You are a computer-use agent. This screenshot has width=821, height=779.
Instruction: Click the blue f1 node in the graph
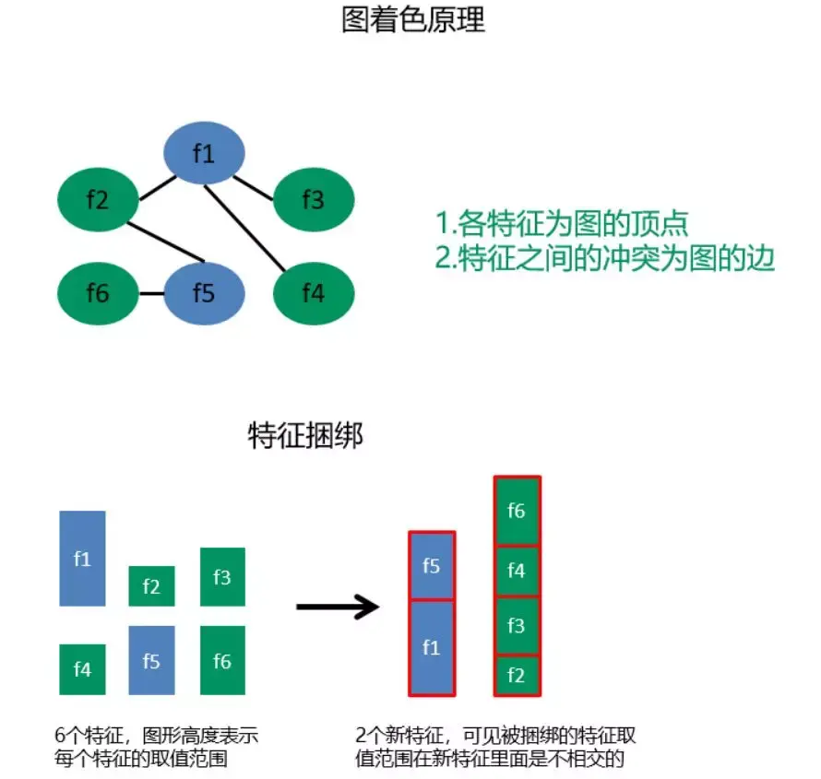click(204, 154)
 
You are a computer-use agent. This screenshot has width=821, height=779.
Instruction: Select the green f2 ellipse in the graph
click(98, 198)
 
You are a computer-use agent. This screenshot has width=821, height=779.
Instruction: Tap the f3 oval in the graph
click(314, 198)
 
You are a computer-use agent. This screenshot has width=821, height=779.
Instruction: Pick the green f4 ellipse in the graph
click(314, 293)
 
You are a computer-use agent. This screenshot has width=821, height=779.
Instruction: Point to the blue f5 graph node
click(204, 293)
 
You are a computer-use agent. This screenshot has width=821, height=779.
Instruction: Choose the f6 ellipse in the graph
click(98, 293)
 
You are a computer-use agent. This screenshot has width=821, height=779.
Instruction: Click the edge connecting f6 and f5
click(151, 294)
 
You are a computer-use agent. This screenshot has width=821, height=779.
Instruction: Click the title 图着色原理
click(412, 21)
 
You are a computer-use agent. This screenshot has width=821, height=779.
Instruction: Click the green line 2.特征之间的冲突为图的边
click(605, 258)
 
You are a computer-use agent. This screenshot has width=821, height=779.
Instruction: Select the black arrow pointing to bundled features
click(338, 607)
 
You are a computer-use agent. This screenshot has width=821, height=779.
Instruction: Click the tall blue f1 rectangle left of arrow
click(82, 558)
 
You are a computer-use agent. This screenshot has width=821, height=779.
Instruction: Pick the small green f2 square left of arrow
click(151, 586)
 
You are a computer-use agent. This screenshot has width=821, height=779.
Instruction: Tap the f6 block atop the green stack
click(517, 511)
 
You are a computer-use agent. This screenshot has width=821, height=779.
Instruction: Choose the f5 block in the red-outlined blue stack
click(431, 566)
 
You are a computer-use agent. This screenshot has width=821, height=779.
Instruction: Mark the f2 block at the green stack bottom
click(517, 675)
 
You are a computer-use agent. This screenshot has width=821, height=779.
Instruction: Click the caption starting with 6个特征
click(157, 747)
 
